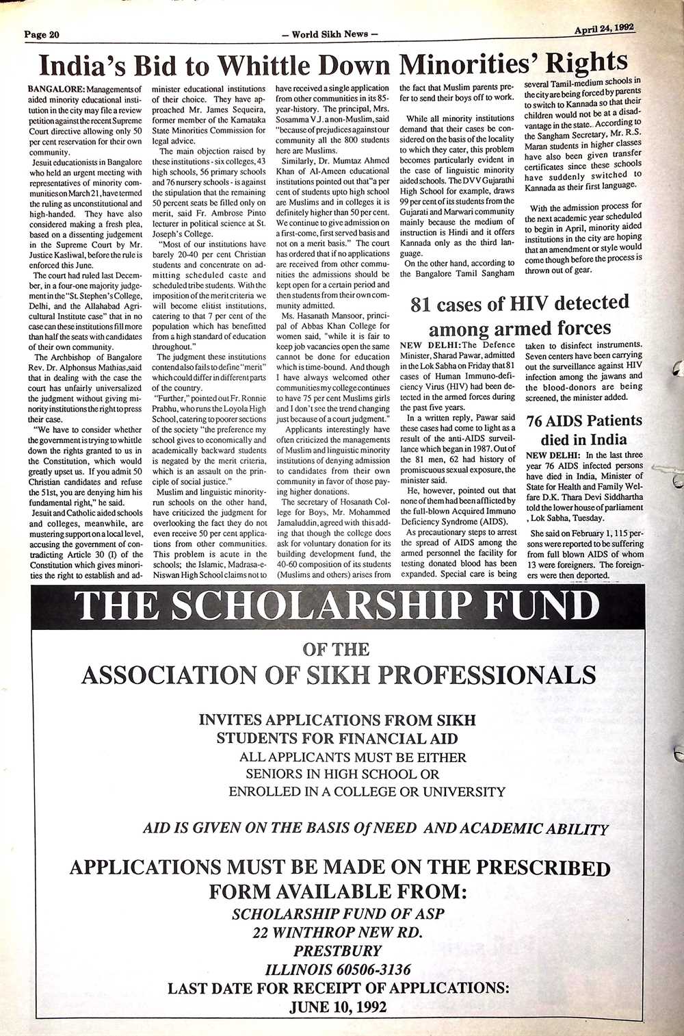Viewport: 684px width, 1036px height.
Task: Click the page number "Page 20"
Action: coord(43,35)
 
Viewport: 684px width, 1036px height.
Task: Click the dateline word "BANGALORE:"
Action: coord(57,89)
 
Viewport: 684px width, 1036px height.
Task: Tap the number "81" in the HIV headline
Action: coord(424,305)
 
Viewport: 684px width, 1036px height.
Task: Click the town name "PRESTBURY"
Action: coord(338,951)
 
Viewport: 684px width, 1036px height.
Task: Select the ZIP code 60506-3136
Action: coord(372,970)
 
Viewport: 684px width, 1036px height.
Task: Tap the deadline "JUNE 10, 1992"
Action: coord(338,1007)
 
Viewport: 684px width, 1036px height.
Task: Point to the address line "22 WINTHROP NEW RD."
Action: coord(338,933)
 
